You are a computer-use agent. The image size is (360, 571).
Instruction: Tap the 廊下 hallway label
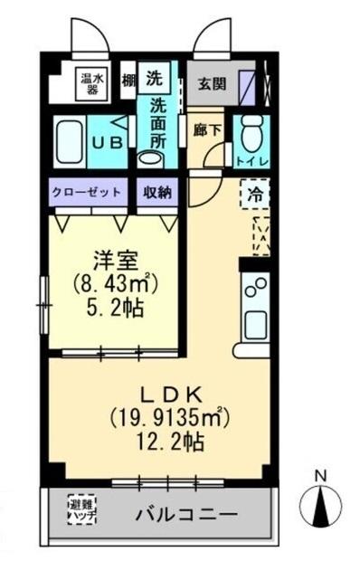pos(208,128)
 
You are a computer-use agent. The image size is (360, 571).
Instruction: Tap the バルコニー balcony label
pos(188,514)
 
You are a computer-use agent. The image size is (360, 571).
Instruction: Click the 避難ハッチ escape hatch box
pos(83,509)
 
